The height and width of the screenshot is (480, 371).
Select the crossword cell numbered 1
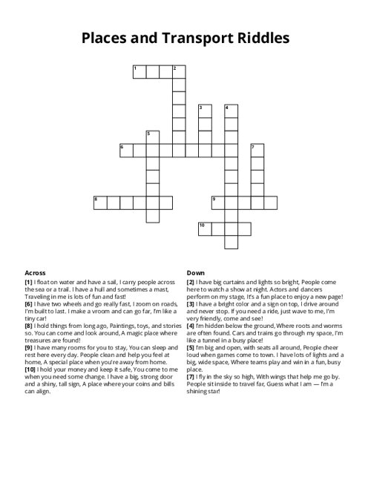[x=139, y=72]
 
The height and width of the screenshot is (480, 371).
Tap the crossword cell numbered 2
[x=178, y=72]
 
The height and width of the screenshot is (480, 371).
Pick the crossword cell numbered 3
[x=204, y=111]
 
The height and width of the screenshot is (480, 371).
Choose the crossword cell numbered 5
[x=152, y=137]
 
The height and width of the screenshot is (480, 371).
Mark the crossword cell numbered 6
[x=125, y=151]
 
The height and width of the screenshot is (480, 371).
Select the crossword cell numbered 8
[x=99, y=203]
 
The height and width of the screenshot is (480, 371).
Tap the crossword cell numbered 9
[x=217, y=203]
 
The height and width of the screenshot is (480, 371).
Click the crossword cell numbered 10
[x=204, y=229]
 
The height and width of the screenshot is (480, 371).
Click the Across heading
[x=36, y=272]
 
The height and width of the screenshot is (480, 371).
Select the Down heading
[x=196, y=272]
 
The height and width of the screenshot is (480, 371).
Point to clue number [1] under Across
[x=28, y=283]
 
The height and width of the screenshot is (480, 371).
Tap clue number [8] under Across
[x=28, y=323]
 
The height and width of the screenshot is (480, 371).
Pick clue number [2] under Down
[x=191, y=283]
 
